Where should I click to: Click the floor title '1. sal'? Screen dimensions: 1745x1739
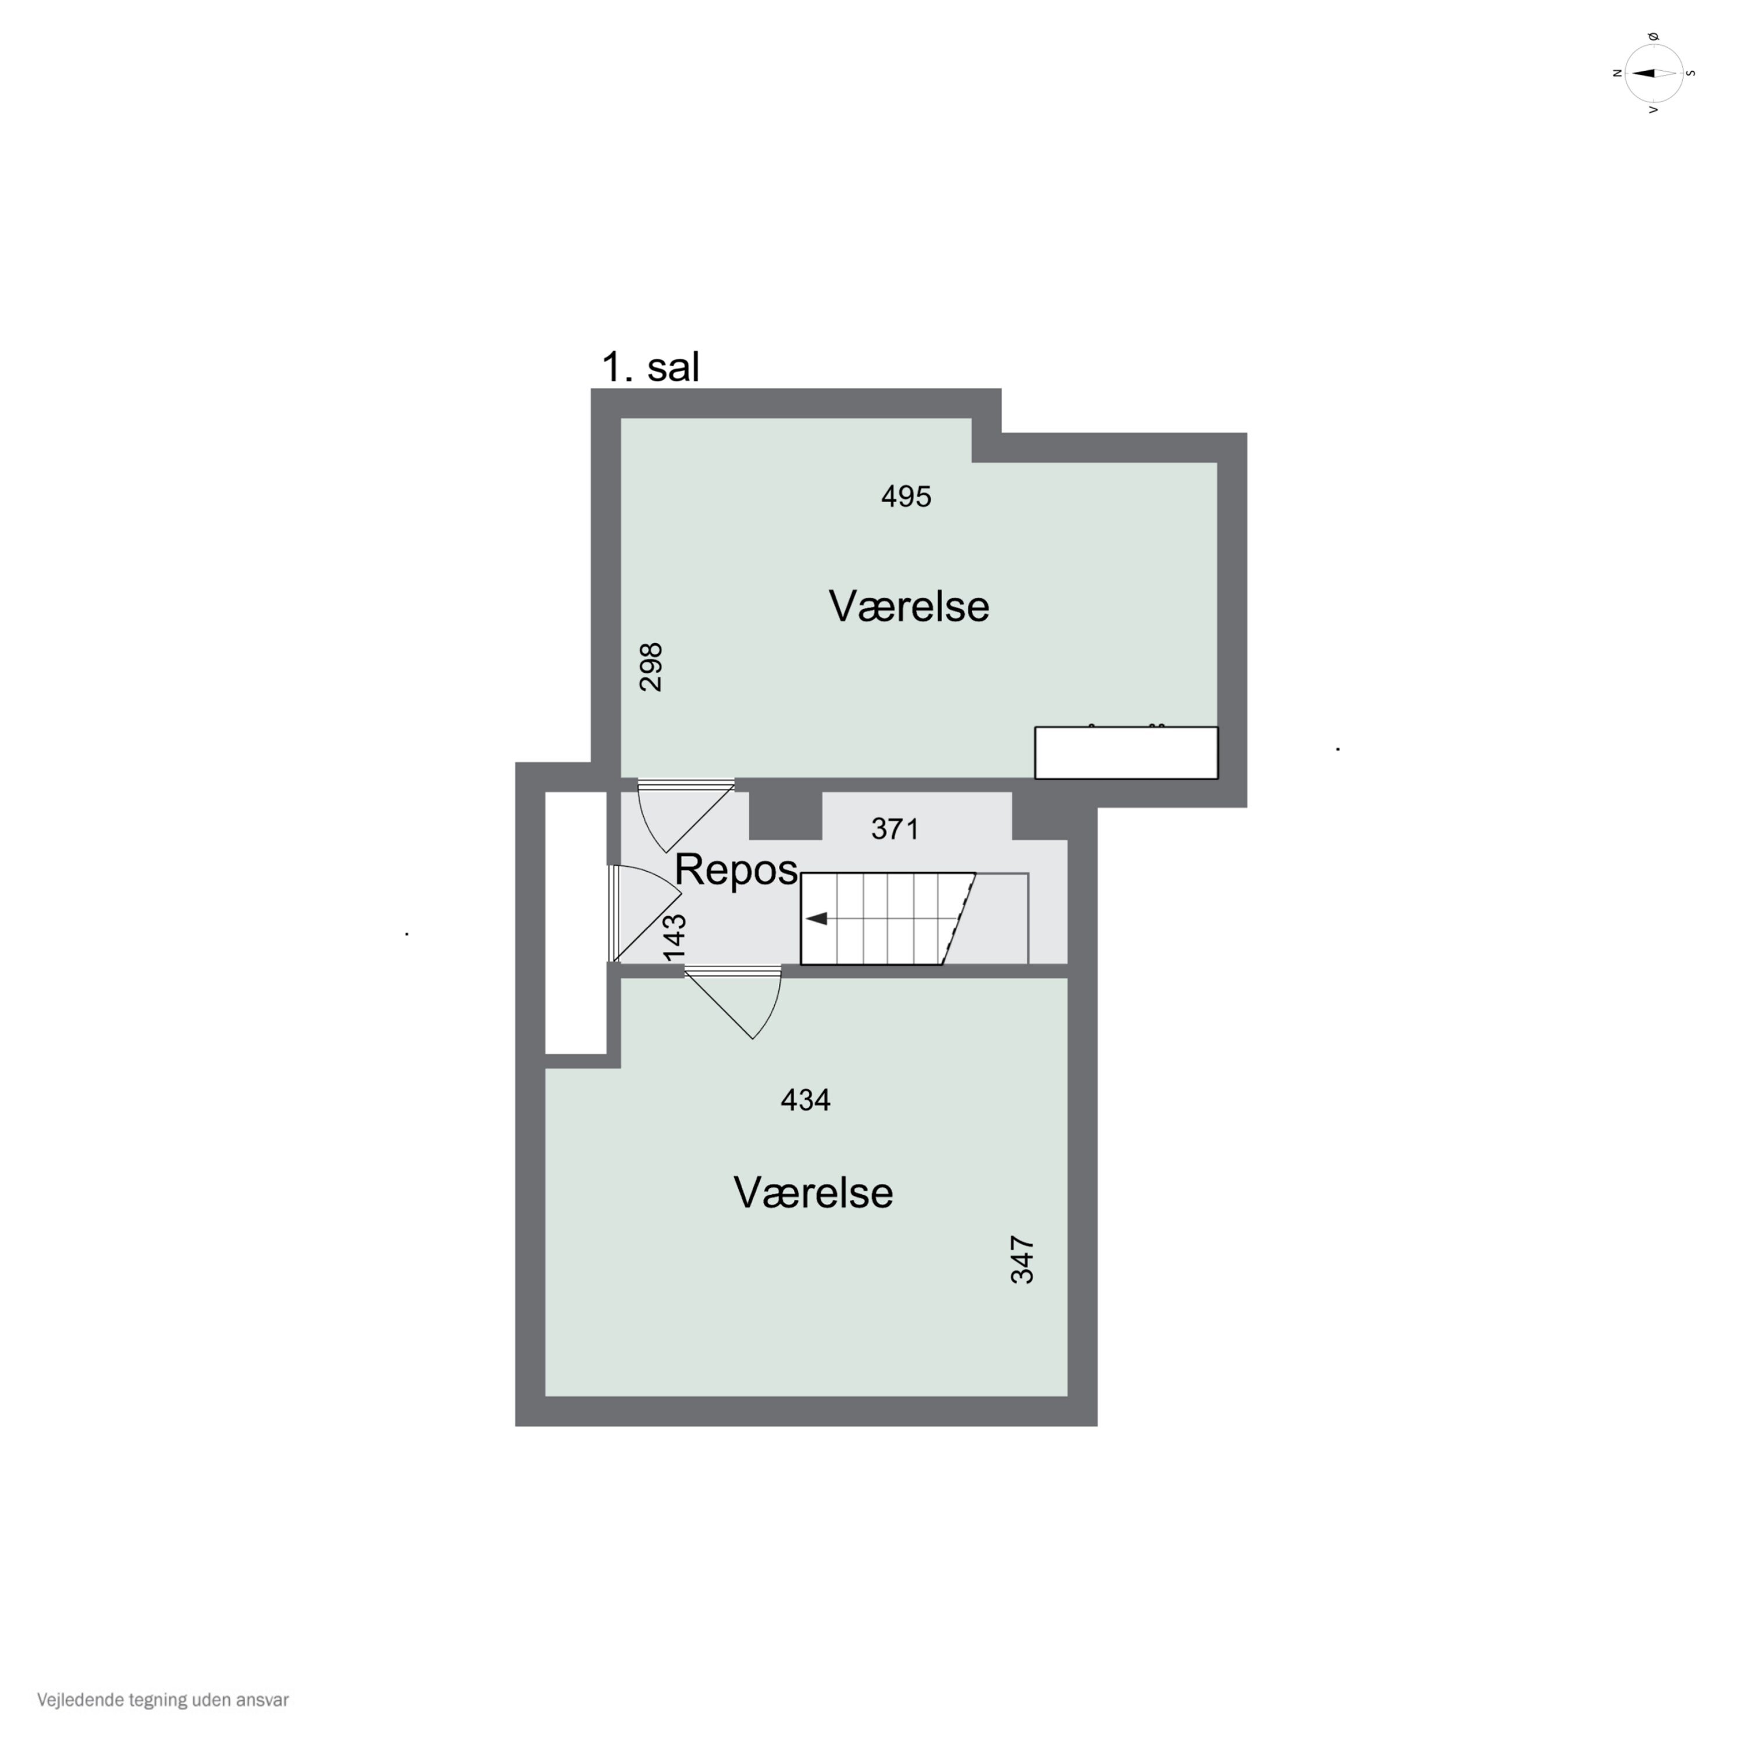coord(650,367)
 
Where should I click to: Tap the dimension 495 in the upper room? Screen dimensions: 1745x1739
coord(906,497)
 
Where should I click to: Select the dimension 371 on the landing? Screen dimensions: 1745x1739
coord(895,829)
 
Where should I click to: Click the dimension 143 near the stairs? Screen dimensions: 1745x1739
coord(675,938)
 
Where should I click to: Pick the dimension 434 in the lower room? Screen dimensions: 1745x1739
coord(806,1100)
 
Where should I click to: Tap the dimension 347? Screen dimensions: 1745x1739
coord(1021,1259)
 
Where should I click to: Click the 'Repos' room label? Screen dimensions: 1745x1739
coord(736,870)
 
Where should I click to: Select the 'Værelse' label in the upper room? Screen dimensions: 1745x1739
coord(909,606)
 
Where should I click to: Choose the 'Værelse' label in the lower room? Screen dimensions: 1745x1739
coord(813,1192)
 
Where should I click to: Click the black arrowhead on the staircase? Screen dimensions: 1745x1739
coord(817,919)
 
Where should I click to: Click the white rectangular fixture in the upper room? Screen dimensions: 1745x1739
coord(1126,752)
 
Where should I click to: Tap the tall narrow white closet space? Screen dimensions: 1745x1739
coord(575,923)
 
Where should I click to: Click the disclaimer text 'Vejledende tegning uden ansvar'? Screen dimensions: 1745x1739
coord(163,1700)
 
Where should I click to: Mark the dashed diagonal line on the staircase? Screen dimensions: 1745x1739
coord(959,919)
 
